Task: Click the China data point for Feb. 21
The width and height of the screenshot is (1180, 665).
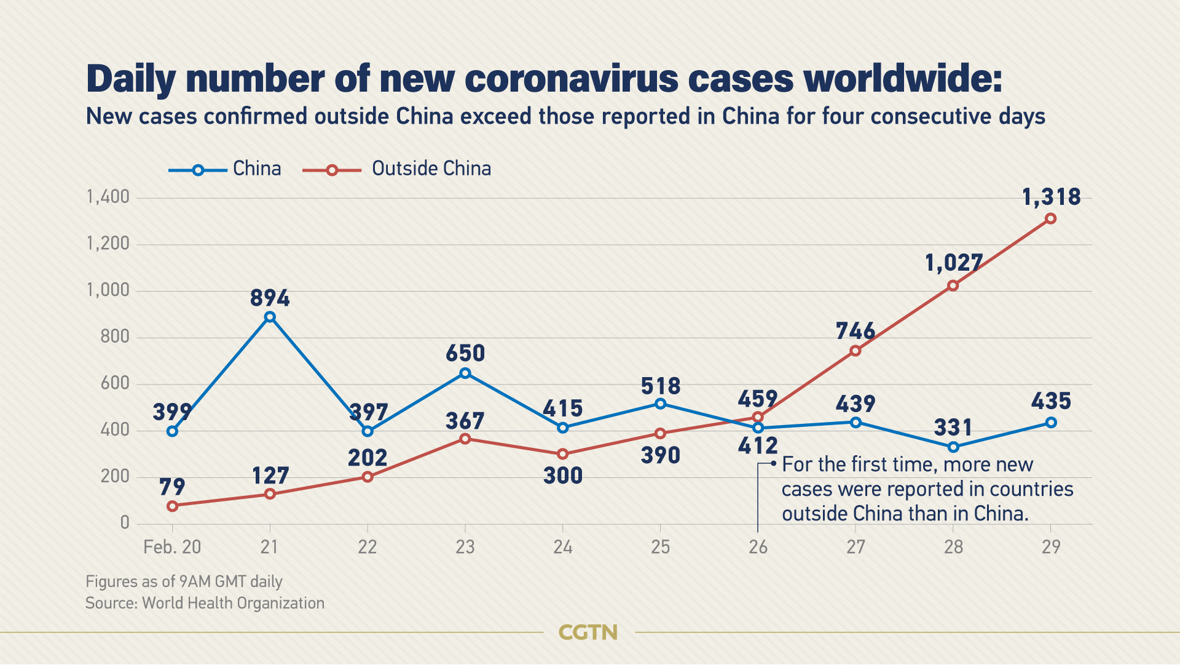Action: tap(270, 317)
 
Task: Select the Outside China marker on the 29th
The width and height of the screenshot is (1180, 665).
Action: tap(1051, 219)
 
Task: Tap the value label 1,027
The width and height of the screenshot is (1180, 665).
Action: tap(953, 263)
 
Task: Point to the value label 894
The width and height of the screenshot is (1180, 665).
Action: tap(270, 298)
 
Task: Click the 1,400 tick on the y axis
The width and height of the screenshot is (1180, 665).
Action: tap(108, 197)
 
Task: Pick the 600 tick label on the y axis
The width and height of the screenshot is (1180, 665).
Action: tap(115, 384)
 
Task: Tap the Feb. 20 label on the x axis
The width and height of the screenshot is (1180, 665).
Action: tap(172, 547)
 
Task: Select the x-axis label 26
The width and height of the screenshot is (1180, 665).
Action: tap(758, 547)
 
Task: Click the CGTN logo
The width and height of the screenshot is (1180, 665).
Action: tap(588, 632)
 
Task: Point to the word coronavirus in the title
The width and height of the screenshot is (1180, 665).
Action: tap(572, 79)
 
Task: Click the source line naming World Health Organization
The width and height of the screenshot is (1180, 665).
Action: tap(205, 603)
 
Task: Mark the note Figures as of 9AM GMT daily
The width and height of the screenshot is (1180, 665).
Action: tap(184, 582)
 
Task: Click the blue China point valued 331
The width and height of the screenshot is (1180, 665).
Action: tap(953, 447)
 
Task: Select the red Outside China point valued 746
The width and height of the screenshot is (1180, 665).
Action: tap(855, 351)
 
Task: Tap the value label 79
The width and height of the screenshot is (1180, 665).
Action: tap(172, 487)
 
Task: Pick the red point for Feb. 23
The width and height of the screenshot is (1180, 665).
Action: tap(465, 439)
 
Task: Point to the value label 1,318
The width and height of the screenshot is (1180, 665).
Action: tap(1051, 197)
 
